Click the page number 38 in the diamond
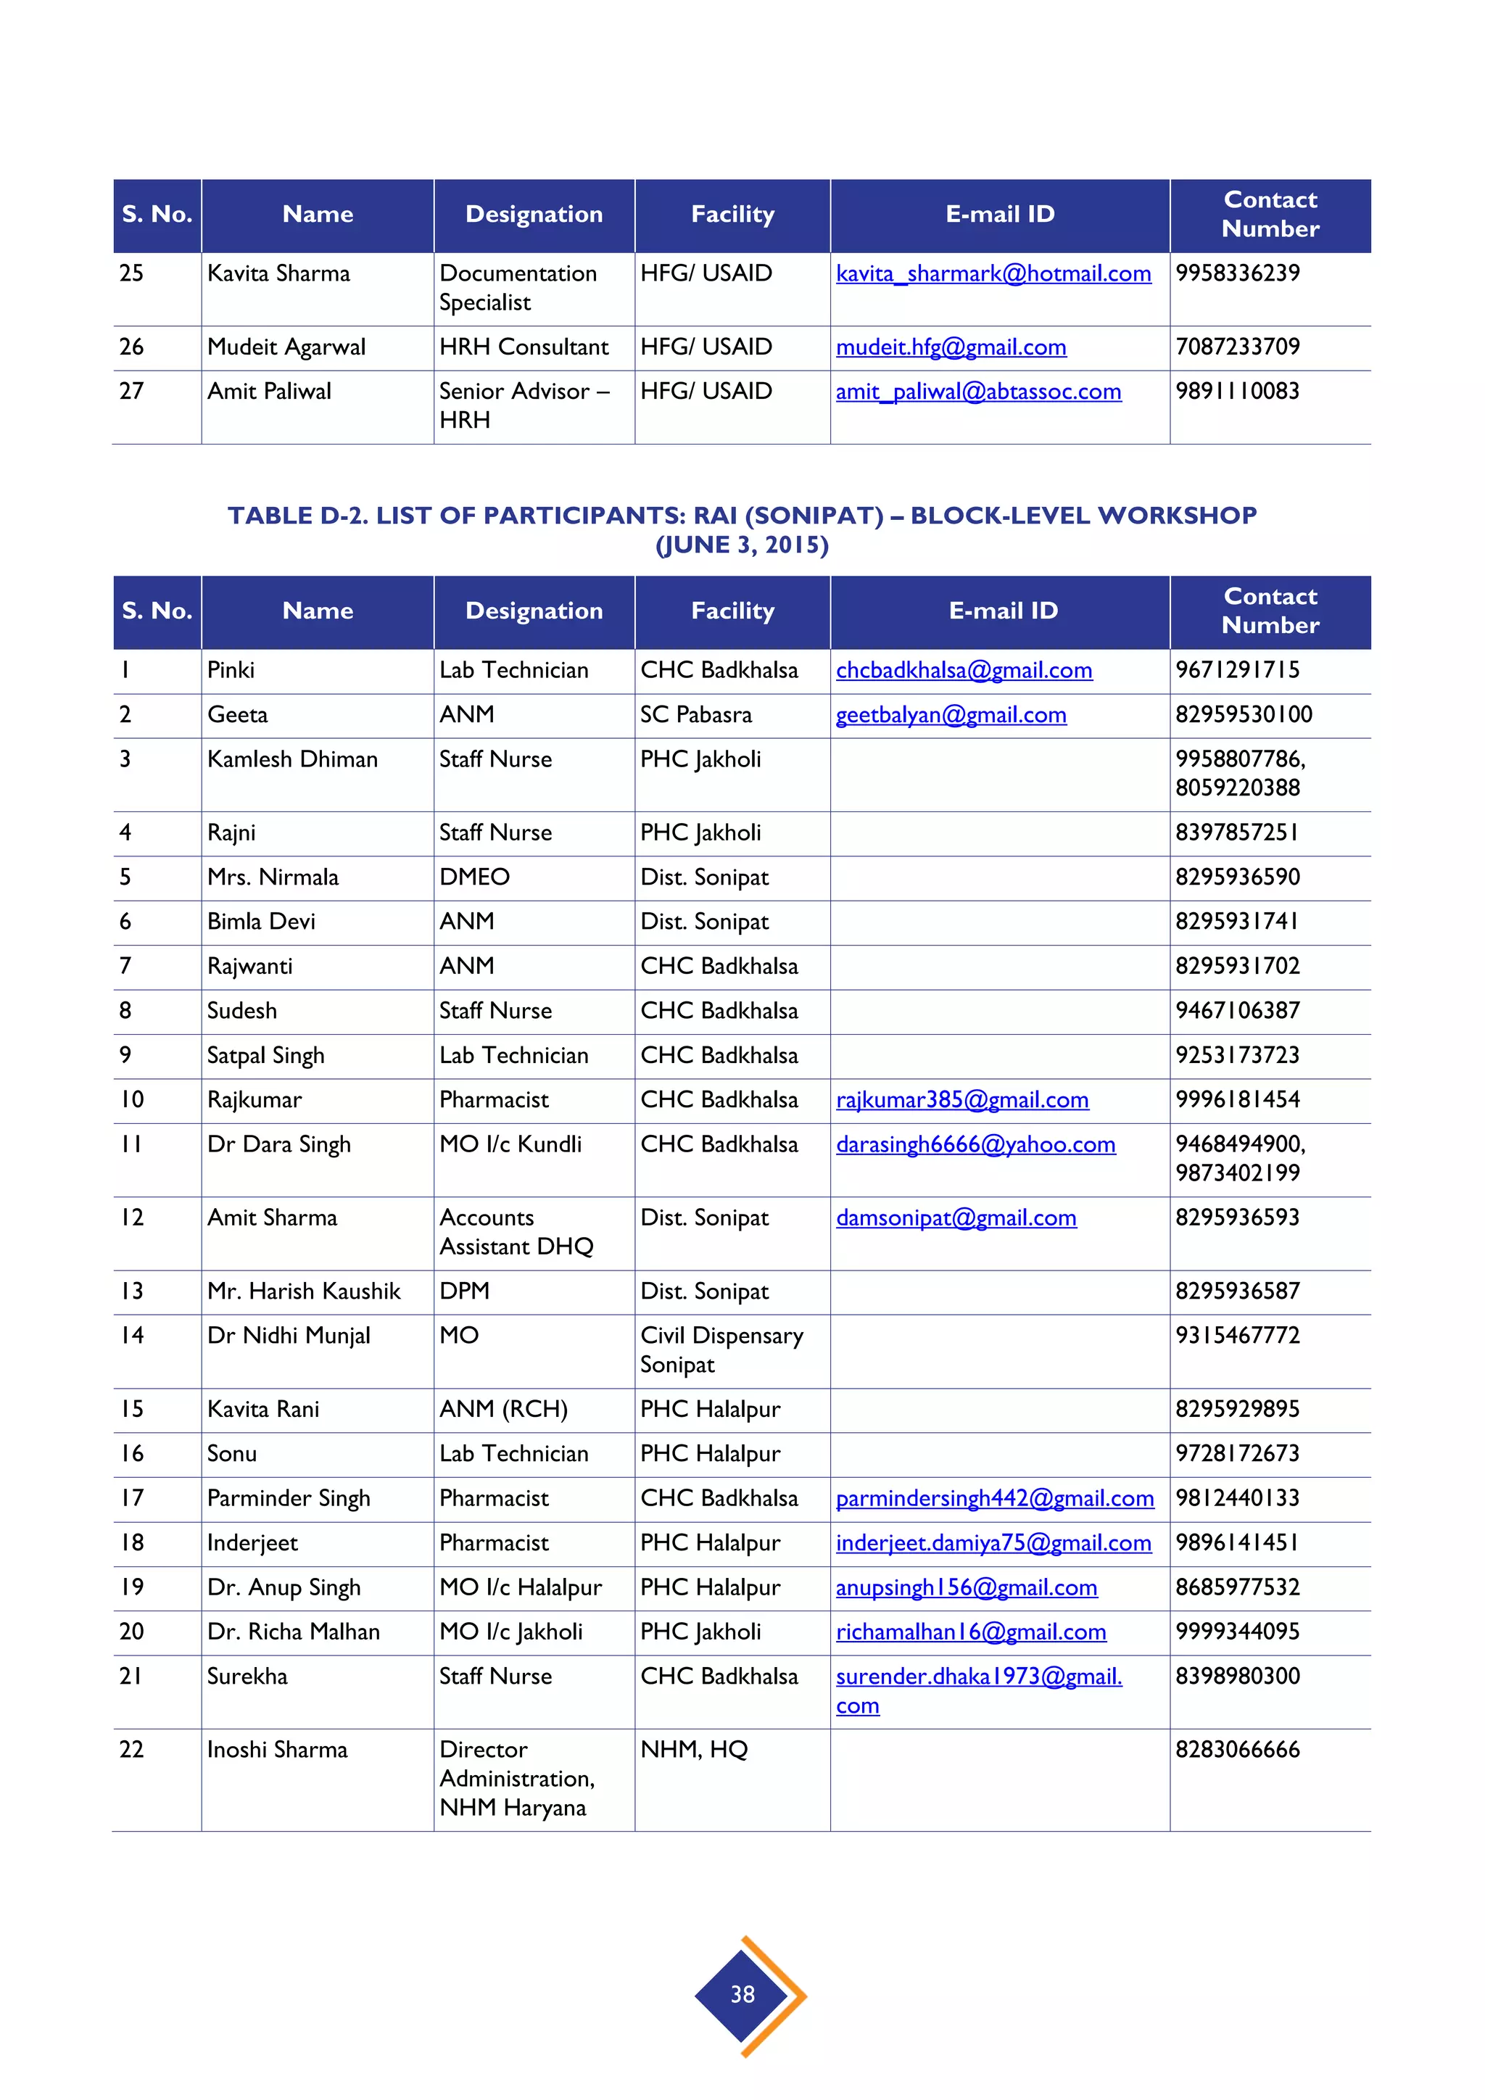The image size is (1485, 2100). click(742, 1994)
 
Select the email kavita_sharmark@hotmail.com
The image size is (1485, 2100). click(993, 273)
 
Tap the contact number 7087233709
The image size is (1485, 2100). click(1237, 347)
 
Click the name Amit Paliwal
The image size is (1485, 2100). click(269, 392)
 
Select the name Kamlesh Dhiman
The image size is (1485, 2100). click(291, 759)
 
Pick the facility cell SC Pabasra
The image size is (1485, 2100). click(696, 714)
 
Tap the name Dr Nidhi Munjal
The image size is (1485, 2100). click(288, 1336)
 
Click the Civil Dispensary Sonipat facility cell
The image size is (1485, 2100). click(721, 1350)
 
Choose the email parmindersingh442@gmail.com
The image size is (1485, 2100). click(994, 1498)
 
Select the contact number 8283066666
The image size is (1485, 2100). click(1237, 1750)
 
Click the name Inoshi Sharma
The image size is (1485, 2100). click(277, 1750)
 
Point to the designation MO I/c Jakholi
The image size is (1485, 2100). click(510, 1632)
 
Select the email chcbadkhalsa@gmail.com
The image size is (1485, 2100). click(964, 671)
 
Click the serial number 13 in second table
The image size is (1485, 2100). click(132, 1291)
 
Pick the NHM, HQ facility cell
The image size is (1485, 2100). click(693, 1750)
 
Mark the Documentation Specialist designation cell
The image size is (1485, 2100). click(518, 287)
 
